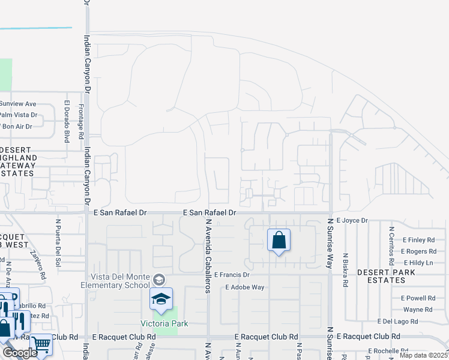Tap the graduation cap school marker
point(161,299)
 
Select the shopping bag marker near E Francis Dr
point(279,241)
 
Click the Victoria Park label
point(164,323)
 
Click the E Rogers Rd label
point(418,251)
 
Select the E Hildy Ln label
point(418,263)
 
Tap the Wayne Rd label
point(418,310)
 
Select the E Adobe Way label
point(245,287)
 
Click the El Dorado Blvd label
point(67,121)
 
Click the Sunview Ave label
point(19,103)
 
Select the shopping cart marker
point(41,344)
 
